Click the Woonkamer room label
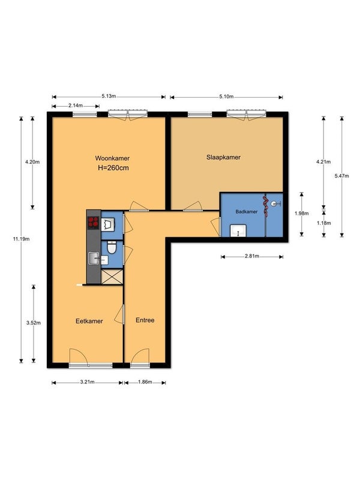[x=112, y=158]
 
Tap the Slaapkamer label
[x=223, y=157]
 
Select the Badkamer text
[x=247, y=212]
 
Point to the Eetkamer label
[x=89, y=321]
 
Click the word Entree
[x=145, y=320]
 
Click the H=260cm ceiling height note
[x=113, y=168]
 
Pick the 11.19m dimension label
[x=21, y=239]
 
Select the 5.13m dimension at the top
[x=109, y=96]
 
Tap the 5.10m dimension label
[x=226, y=97]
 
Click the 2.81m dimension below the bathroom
[x=252, y=256]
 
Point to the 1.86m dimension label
[x=145, y=382]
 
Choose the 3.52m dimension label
[x=34, y=323]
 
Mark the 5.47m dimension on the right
[x=341, y=176]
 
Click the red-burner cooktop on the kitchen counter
[x=94, y=223]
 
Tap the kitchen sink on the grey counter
[x=94, y=258]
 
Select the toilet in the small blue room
[x=112, y=247]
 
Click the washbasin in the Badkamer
[x=238, y=230]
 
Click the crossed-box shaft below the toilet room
[x=112, y=277]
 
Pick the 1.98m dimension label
[x=302, y=214]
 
